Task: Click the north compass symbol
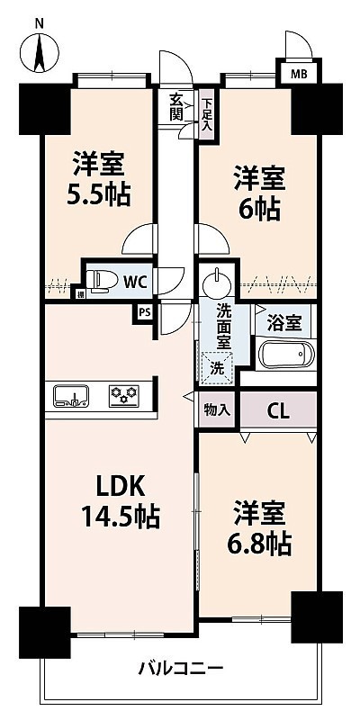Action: (x=40, y=51)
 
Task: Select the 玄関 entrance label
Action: (x=175, y=106)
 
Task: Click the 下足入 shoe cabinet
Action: (x=207, y=116)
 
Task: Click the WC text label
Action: (x=136, y=283)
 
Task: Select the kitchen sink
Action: (x=71, y=395)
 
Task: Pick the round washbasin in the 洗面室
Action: (x=214, y=280)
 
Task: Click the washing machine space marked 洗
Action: (x=218, y=367)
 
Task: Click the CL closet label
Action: (x=278, y=411)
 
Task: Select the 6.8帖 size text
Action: (x=259, y=544)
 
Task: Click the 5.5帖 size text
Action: (x=99, y=195)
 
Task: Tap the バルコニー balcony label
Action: (x=181, y=668)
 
